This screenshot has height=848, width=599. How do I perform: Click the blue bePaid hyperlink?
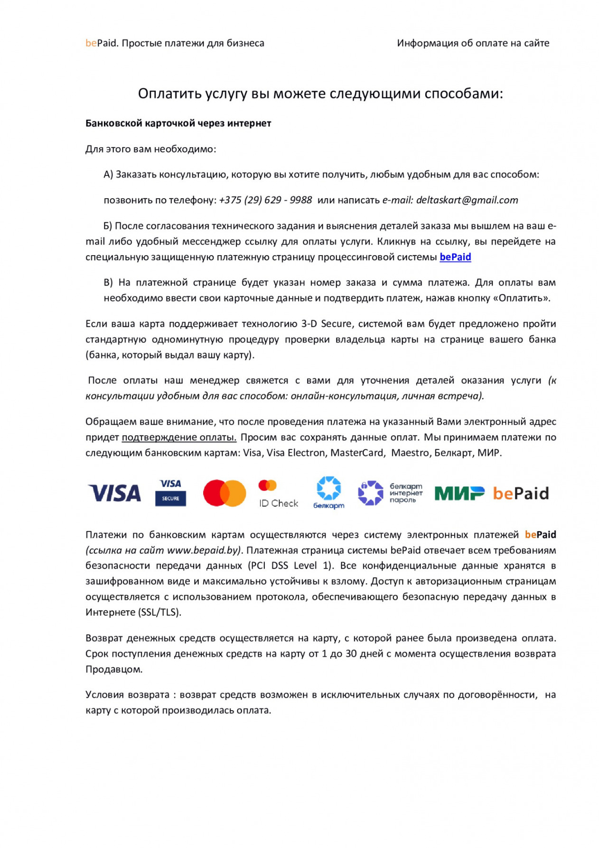(x=455, y=257)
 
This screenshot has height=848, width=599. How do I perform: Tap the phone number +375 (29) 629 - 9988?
(x=265, y=200)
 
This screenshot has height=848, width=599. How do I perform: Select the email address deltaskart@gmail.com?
(x=467, y=200)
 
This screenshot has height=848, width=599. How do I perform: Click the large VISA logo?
(x=114, y=493)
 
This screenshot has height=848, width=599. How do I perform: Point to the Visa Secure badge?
(x=170, y=493)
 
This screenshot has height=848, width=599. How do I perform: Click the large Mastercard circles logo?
(x=224, y=493)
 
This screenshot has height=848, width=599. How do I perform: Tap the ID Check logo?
(x=278, y=494)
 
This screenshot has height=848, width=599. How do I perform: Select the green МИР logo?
(x=459, y=494)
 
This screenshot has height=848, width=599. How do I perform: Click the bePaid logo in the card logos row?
(x=520, y=494)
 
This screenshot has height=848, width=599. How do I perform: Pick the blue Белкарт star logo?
(x=328, y=492)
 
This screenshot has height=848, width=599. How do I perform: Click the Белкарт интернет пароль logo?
(x=390, y=493)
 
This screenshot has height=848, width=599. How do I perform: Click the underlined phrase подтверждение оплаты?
(x=179, y=437)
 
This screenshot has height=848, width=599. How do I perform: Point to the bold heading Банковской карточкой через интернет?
(x=178, y=124)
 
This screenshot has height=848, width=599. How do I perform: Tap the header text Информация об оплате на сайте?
(x=473, y=43)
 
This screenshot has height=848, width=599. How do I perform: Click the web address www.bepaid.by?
(x=202, y=550)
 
